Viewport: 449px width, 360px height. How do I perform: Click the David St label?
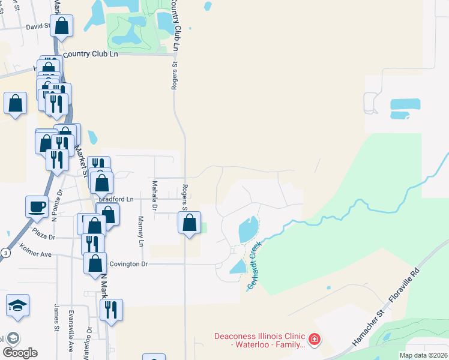coord(37,26)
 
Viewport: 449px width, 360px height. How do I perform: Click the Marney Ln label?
coord(142,232)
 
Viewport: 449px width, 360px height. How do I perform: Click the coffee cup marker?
coord(37,206)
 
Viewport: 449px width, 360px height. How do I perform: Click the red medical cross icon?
coord(314,340)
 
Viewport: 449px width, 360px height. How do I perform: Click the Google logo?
coord(20,353)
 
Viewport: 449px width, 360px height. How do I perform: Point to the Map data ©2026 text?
coord(423,355)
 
